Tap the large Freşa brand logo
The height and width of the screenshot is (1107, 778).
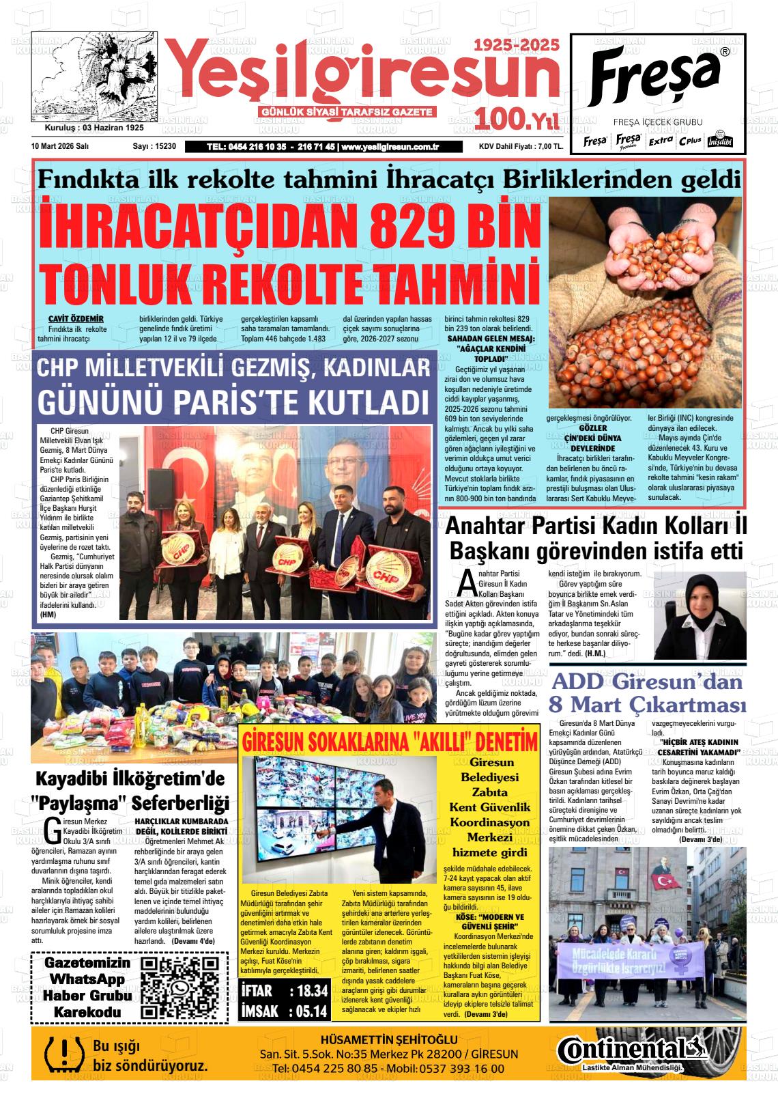656,76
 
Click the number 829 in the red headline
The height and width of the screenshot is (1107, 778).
373,232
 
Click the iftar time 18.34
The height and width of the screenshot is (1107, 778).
309,991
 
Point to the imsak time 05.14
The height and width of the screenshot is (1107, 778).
308,1011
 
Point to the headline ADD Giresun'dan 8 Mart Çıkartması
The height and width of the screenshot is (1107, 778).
647,692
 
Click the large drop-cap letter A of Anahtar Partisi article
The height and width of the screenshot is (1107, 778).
467,582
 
